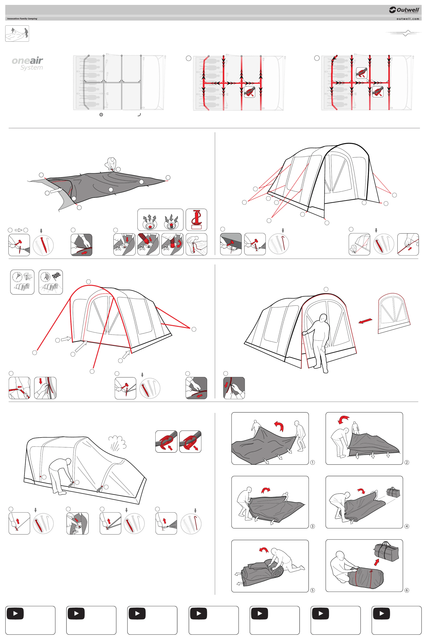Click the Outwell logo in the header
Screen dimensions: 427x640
click(x=404, y=10)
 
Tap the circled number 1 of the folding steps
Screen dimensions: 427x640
click(x=312, y=462)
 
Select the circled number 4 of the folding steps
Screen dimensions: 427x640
click(x=407, y=526)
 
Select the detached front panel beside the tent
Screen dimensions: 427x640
click(x=394, y=313)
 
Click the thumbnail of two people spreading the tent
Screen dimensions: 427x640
click(x=17, y=33)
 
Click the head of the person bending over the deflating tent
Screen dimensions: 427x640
click(x=68, y=461)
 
